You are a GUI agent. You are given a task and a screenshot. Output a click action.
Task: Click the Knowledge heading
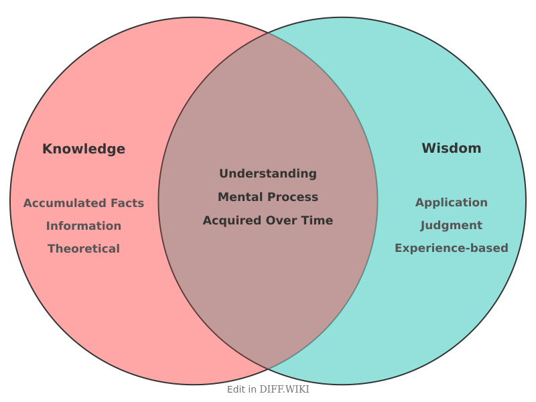pos(84,149)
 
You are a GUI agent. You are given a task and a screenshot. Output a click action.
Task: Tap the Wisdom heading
pos(451,148)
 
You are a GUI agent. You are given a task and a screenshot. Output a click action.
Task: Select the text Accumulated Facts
pos(84,203)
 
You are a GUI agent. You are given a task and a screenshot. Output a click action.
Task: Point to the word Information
pos(84,226)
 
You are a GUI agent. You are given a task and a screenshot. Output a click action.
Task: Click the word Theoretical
pos(84,249)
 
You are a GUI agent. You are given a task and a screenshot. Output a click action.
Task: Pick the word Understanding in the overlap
pos(268,174)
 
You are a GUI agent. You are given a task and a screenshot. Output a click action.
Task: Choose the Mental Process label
pos(268,197)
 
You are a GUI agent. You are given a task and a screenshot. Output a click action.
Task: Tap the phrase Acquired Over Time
pos(268,220)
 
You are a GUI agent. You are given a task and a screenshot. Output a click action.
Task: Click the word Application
pos(451,202)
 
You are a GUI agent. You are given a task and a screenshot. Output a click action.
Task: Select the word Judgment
pos(451,225)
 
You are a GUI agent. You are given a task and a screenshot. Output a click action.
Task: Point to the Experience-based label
pos(451,248)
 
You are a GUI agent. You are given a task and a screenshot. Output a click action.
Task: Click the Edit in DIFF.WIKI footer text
pos(268,389)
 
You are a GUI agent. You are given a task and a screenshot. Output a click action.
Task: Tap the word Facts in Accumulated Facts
pos(127,203)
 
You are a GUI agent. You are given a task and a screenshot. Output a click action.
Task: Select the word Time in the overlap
pos(318,220)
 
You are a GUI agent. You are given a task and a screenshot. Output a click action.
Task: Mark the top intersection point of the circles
pos(268,32)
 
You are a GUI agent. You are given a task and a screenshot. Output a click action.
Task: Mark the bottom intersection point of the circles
pos(268,369)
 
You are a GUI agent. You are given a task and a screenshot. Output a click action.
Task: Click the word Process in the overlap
pos(291,197)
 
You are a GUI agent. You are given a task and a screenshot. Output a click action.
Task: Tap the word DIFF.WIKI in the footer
pos(284,389)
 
